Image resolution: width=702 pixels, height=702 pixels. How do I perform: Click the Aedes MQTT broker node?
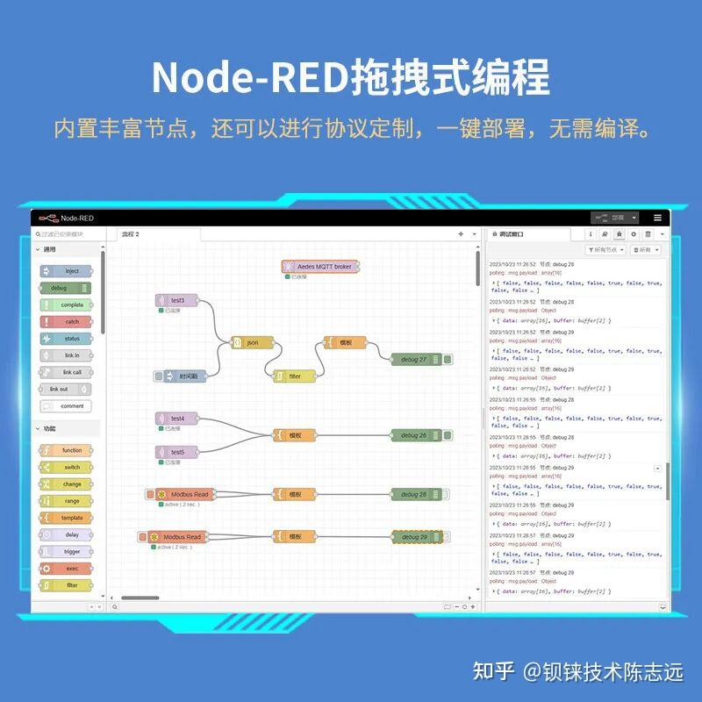coord(321,266)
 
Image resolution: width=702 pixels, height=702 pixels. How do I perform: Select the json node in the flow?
coord(253,342)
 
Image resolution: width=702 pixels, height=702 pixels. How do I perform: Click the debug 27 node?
coord(415,359)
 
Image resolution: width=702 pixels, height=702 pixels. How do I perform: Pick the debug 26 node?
coord(415,435)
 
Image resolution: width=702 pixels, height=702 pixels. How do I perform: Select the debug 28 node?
coord(415,494)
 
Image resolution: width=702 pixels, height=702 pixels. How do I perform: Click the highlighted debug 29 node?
coord(415,537)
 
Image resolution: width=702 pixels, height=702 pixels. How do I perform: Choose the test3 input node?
coord(176,300)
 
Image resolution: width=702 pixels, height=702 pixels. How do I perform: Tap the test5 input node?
coord(176,452)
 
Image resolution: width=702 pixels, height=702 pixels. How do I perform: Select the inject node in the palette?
coord(66,271)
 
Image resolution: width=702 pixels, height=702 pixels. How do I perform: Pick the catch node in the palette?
coord(66,322)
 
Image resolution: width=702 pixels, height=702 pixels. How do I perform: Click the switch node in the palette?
coord(66,467)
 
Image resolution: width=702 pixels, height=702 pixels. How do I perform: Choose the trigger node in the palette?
coord(66,552)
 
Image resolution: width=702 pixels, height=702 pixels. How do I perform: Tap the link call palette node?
coord(66,372)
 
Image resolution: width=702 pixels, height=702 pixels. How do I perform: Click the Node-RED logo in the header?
coord(50,218)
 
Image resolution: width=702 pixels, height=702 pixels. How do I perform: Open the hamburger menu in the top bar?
coord(657,218)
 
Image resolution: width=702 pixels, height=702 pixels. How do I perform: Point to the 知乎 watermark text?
coord(493,672)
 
